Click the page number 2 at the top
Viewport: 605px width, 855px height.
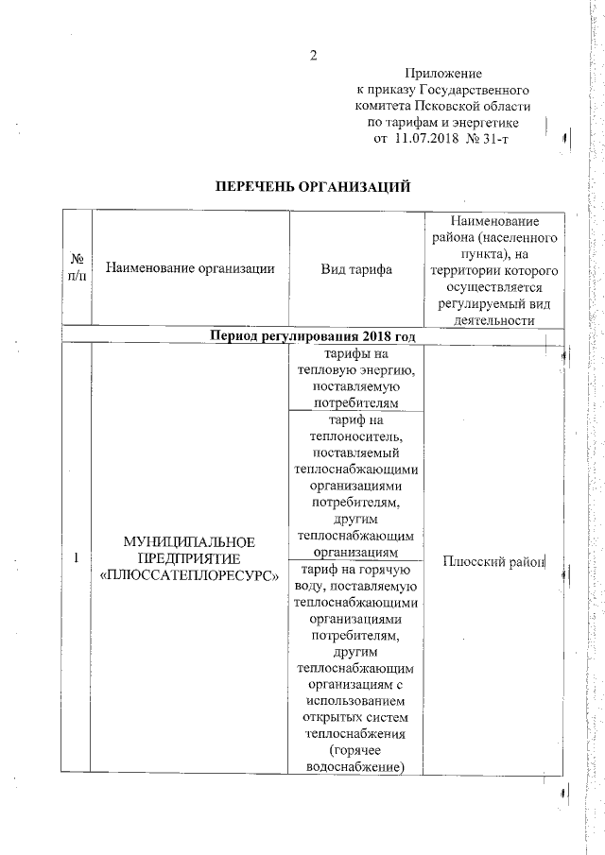click(x=313, y=53)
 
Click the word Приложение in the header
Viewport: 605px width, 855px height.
click(x=443, y=73)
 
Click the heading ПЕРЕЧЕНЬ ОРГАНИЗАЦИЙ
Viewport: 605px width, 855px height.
click(x=314, y=187)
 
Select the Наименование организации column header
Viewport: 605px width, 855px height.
click(x=190, y=268)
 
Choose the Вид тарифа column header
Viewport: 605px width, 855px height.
click(x=356, y=268)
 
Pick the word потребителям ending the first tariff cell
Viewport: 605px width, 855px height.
click(x=356, y=403)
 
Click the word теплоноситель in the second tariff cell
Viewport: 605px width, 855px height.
click(x=356, y=436)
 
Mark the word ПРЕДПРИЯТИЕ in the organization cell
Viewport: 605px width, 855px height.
click(x=190, y=558)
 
